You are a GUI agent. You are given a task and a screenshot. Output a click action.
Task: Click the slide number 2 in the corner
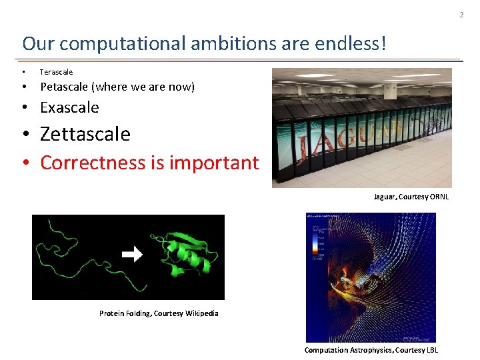(471, 15)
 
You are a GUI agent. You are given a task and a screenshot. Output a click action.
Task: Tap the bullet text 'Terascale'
(56, 72)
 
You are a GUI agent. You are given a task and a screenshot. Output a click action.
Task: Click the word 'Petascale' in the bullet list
(65, 87)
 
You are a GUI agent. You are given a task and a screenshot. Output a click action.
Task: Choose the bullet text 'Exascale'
(69, 107)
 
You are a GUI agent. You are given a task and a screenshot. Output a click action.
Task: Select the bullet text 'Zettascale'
(85, 134)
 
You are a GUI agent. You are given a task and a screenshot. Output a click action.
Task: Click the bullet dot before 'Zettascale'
(25, 135)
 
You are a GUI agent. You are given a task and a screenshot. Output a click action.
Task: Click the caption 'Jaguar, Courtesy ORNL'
(411, 197)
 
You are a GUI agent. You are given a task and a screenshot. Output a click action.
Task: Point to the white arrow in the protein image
(133, 255)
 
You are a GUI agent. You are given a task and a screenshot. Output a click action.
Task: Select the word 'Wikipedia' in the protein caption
(201, 313)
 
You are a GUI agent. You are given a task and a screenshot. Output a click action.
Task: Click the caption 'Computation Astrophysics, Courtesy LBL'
(371, 350)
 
